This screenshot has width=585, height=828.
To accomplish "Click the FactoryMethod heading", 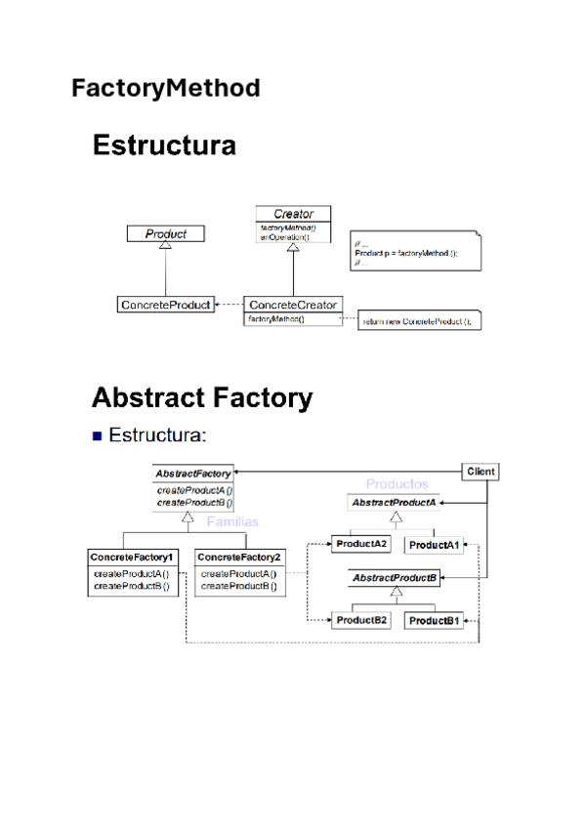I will tap(166, 89).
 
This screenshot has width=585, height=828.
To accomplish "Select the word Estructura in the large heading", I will tap(164, 146).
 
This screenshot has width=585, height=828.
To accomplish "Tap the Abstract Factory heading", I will tap(202, 398).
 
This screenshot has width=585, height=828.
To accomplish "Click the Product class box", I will tap(166, 233).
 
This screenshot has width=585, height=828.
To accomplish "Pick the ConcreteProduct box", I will tap(165, 305).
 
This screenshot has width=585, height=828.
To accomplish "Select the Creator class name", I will tap(292, 214).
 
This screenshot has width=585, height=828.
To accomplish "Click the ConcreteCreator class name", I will tap(292, 305).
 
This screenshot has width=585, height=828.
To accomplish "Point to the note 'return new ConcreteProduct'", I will tap(421, 320).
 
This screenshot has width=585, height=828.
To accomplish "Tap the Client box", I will tap(481, 472).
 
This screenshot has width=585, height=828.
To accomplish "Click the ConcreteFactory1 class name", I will tap(132, 557).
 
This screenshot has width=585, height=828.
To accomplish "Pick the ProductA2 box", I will tap(361, 543).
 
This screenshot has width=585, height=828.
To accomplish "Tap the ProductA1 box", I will tap(434, 544).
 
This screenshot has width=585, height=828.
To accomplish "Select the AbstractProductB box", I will tap(394, 579).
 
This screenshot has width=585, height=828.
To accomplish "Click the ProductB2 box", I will tap(361, 620).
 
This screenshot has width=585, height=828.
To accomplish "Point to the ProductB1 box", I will tap(435, 621).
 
